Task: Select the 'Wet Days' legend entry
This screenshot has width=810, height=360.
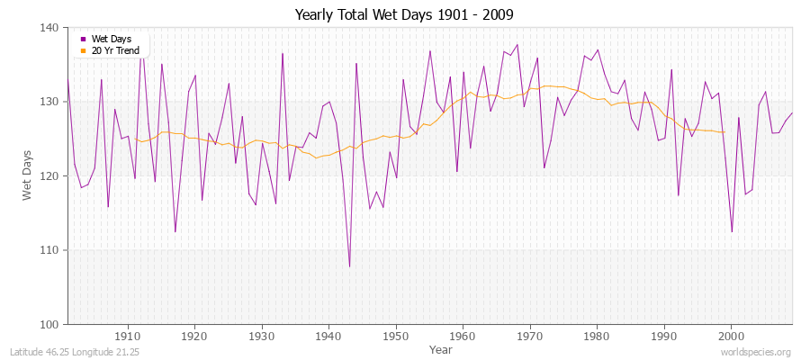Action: pos(111,39)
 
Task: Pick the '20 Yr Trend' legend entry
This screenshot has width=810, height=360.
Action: pos(115,50)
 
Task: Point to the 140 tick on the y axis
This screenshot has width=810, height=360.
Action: pos(50,28)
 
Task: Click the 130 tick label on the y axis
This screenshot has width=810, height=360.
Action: pos(50,102)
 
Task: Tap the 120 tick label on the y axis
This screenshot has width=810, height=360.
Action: pos(50,175)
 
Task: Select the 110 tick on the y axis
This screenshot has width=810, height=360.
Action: pos(50,249)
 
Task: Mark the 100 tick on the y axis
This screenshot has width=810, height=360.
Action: pos(50,324)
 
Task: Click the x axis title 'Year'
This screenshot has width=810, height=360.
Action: pos(441,348)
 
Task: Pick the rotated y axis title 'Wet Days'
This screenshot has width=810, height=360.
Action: pos(28,175)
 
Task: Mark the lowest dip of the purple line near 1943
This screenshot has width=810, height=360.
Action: pos(349,266)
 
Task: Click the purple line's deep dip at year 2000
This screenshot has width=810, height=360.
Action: pos(732,232)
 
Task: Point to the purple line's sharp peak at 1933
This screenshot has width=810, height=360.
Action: pos(282,53)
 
